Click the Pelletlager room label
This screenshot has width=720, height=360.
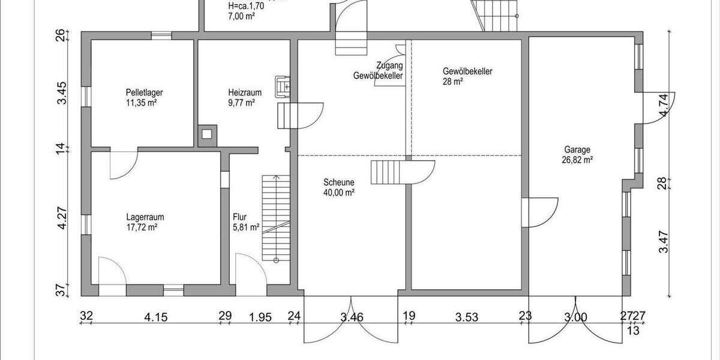coord(145,98)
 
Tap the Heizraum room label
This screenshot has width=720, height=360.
coord(244,98)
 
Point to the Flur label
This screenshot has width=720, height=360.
coord(240,217)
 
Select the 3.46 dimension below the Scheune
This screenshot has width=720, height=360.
coord(351,317)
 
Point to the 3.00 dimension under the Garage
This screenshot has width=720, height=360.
coord(574,317)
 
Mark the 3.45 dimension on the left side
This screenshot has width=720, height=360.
coord(62,94)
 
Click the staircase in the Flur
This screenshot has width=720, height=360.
coord(276,219)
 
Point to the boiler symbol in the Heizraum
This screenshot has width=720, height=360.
coord(282,86)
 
